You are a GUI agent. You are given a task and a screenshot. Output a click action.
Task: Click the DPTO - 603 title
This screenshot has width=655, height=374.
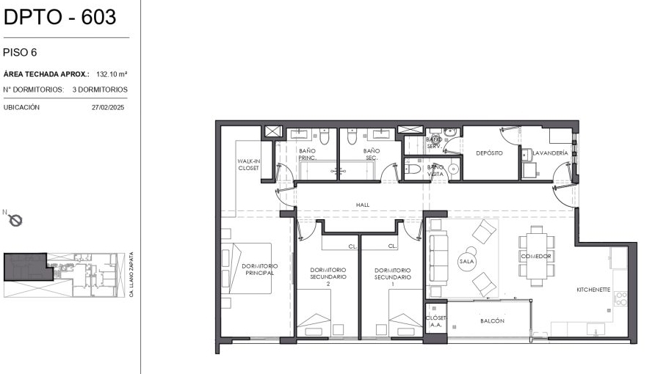coord(59,17)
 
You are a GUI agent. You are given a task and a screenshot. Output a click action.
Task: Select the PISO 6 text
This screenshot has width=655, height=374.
coord(20,53)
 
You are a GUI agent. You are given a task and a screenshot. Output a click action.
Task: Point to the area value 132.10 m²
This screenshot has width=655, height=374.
coord(112,74)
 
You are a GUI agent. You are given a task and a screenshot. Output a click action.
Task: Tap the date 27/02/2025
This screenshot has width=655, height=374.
coord(108,107)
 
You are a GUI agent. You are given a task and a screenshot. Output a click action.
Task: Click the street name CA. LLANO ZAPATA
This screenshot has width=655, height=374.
coord(131,274)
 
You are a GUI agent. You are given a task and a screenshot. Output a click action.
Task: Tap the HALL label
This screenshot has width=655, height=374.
coord(363,205)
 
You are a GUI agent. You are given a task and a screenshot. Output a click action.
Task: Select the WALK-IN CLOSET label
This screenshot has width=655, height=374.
coord(248,164)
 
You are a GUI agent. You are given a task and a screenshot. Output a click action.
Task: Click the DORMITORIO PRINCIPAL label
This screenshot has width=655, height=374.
coord(259,269)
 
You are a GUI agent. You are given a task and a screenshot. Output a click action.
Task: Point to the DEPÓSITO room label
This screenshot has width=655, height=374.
coord(489,153)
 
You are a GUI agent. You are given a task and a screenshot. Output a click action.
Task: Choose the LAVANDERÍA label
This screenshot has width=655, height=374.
coord(550,153)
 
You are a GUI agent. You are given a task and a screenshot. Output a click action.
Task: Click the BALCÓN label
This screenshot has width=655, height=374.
coord(492,320)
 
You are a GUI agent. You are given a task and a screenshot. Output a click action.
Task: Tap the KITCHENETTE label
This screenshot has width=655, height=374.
coord(593,290)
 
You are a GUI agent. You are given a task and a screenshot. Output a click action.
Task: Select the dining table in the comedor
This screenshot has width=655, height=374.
coord(536,256)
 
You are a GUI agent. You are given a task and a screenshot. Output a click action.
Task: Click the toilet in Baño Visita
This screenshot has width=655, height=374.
coord(413,169)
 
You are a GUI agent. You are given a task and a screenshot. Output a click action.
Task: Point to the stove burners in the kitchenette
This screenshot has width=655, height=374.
coord(620,298)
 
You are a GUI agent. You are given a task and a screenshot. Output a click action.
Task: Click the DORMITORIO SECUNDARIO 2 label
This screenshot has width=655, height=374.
coord(328,276)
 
